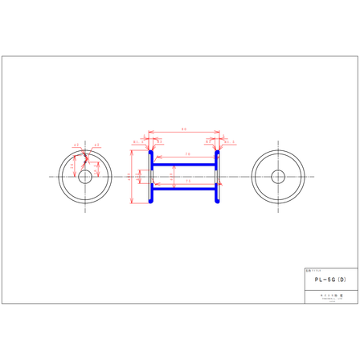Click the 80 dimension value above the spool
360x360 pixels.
click(184, 128)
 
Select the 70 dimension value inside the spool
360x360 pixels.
click(187, 153)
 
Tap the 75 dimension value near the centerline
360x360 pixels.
click(187, 182)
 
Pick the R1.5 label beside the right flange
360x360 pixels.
click(231, 141)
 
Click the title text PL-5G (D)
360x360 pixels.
click(330, 280)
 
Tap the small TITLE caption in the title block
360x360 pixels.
click(313, 270)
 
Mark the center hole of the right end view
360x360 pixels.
click(278, 176)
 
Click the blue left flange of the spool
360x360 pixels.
click(153, 176)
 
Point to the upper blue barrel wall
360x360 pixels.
click(186, 165)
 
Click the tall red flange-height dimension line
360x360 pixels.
click(131, 176)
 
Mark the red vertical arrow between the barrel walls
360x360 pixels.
click(170, 176)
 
